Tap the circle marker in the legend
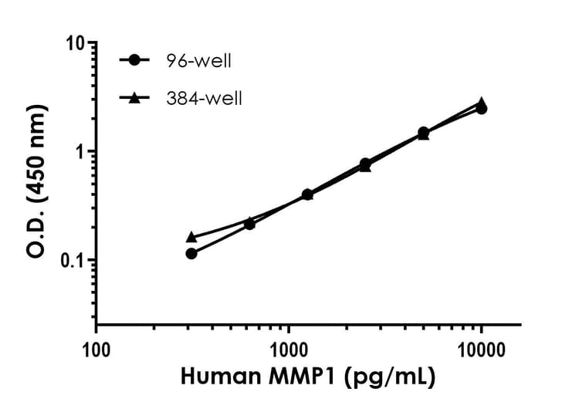136,59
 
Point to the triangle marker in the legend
136,97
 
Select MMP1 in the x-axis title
299,378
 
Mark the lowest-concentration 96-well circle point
191,253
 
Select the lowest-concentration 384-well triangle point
191,237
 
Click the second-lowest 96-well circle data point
249,224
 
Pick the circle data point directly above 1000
307,194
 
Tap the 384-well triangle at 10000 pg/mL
481,102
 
